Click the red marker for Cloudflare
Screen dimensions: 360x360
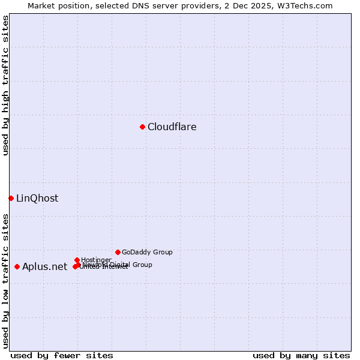coord(142,127)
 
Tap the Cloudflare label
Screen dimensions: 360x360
coord(172,127)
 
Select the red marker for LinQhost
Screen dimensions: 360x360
coord(11,198)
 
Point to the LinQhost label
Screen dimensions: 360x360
coord(37,198)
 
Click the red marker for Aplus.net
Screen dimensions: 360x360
coord(17,266)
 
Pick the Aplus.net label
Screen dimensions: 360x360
coord(44,266)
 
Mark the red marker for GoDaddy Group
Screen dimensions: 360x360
coord(118,252)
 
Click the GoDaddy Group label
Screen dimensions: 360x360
coord(147,252)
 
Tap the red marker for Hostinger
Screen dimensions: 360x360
coord(77,260)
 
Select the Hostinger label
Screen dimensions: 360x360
coord(96,260)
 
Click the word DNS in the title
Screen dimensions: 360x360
coord(137,5)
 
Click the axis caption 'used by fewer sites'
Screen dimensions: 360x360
coord(62,355)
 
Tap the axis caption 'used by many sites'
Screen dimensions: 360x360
coord(301,355)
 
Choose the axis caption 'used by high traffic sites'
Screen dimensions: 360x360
coord(5,85)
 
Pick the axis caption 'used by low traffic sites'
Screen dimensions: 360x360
coord(5,281)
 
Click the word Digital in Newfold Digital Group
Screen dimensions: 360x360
coord(119,265)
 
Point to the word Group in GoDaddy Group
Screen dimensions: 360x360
coord(162,252)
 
